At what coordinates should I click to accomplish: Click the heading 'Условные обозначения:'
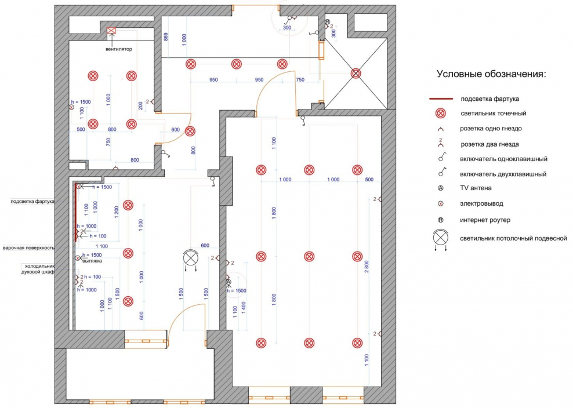point(492,74)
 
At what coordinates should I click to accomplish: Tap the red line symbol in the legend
point(441,99)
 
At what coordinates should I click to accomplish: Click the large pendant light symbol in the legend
point(441,238)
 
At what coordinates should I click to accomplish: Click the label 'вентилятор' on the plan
point(118,49)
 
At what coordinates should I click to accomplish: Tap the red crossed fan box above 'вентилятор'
point(112,31)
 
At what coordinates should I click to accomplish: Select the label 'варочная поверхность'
point(29,247)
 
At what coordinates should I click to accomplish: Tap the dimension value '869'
point(166,38)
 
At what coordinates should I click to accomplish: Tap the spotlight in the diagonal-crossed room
point(356,74)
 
